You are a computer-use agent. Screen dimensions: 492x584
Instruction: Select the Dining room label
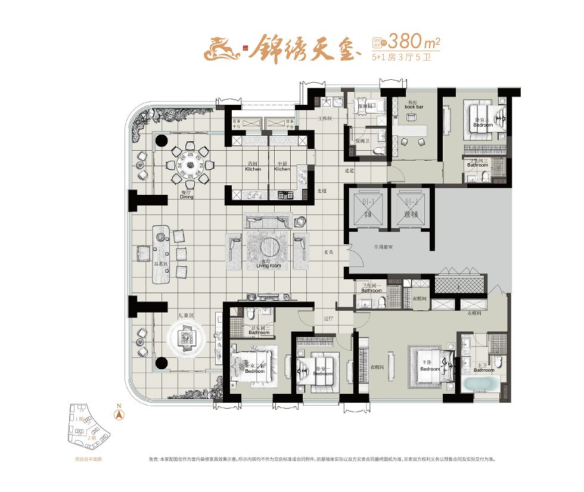click(x=187, y=195)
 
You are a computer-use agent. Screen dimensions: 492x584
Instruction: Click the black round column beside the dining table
click(x=161, y=141)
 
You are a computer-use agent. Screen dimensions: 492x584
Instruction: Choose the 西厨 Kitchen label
click(x=253, y=167)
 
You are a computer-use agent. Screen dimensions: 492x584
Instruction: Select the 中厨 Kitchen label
click(x=282, y=167)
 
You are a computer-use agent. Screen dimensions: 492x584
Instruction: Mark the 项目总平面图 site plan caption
click(x=89, y=459)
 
